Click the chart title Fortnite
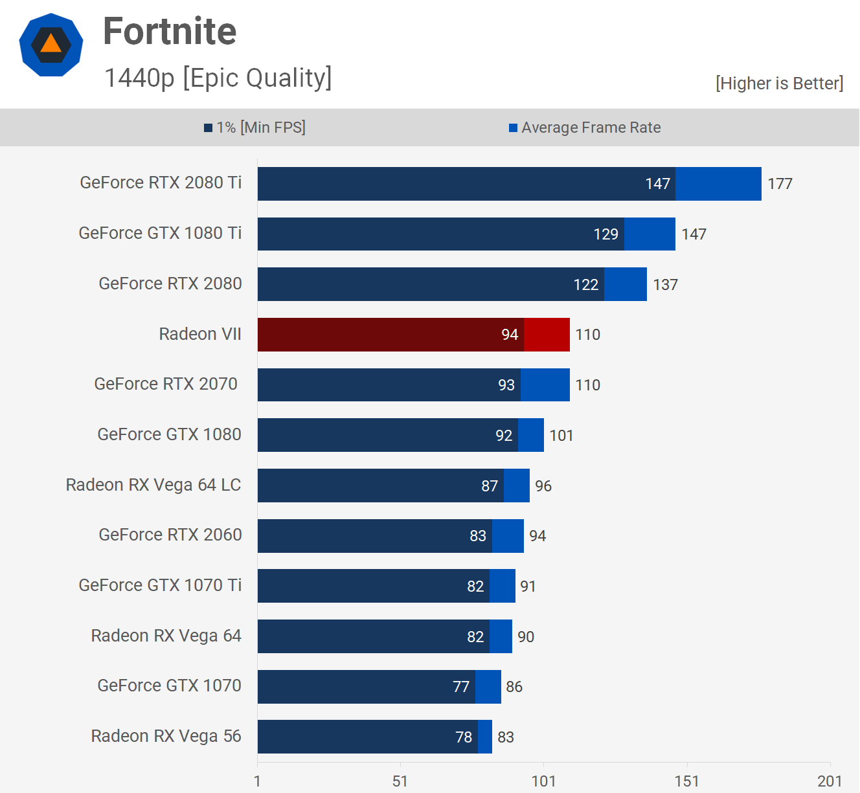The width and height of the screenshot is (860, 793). pos(170,31)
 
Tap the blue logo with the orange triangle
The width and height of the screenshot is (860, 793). pos(51,45)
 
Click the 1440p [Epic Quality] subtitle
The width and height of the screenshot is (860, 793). pos(218,78)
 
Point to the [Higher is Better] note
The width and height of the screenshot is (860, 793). pos(779,84)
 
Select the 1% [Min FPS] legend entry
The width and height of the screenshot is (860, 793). pos(255,128)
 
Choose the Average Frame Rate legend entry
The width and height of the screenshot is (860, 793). pos(585,128)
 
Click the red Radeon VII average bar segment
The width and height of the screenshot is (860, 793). pos(547,335)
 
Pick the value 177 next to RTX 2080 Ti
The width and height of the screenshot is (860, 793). pos(780,184)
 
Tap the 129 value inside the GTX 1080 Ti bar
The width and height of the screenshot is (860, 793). pos(605,234)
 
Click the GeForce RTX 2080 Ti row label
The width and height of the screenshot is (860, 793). pos(161,183)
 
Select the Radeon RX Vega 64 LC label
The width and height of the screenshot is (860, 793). pos(153,485)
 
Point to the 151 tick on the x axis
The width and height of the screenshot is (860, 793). pos(686,781)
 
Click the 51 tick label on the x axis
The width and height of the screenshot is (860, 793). pos(400,781)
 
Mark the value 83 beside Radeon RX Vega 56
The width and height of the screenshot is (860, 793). pos(506,737)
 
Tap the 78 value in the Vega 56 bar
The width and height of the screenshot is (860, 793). pos(464,737)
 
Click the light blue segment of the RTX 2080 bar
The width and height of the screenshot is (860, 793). pos(625,284)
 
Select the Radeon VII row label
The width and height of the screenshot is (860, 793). pos(200,334)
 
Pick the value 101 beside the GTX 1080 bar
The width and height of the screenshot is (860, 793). pos(561,436)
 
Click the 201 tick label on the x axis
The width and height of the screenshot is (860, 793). pos(830,781)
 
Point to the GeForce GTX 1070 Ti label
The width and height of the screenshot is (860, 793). pos(160,585)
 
